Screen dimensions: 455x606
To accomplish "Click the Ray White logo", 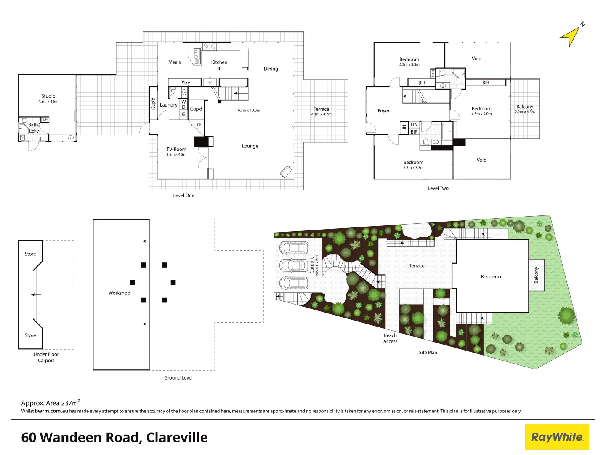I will tap(557, 437).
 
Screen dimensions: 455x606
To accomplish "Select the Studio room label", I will tap(48, 96).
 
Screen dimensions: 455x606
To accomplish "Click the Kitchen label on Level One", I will tap(219, 62).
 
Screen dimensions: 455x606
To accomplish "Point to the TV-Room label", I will tap(176, 150).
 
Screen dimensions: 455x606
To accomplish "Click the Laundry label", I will tap(168, 105).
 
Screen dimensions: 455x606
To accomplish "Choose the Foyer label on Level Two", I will tap(383, 111).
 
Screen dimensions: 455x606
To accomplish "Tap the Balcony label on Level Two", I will tap(525, 107).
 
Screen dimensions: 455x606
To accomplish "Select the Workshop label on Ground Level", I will tap(120, 293).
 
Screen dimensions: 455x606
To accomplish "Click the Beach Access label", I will tap(390, 338).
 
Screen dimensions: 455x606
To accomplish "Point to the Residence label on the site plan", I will tap(492, 277).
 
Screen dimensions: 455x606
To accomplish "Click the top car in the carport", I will tap(293, 247).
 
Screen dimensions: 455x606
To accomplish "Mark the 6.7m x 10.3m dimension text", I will tap(249, 110).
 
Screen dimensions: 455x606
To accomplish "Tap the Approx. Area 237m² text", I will tap(50, 403).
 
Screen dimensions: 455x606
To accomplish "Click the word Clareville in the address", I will tap(177, 438).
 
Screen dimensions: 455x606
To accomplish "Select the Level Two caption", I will tap(438, 188).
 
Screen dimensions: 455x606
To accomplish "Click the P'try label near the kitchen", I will tap(185, 83).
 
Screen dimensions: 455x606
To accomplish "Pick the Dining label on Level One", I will tap(271, 69).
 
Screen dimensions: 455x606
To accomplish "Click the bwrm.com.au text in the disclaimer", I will tap(51, 411).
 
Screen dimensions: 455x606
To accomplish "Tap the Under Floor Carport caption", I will tap(46, 357).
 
